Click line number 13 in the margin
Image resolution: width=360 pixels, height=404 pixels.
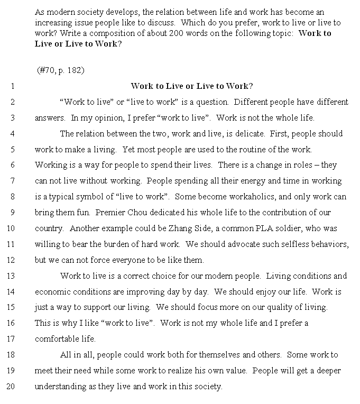coord(11,276)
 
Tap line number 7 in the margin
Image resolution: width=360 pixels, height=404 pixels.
coord(12,181)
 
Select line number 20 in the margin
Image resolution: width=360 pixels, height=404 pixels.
coord(11,386)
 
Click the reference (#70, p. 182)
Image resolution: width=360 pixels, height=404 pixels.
coord(61,70)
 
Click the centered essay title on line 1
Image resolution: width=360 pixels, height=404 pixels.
coord(191,86)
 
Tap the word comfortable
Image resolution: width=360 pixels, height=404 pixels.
coord(58,338)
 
